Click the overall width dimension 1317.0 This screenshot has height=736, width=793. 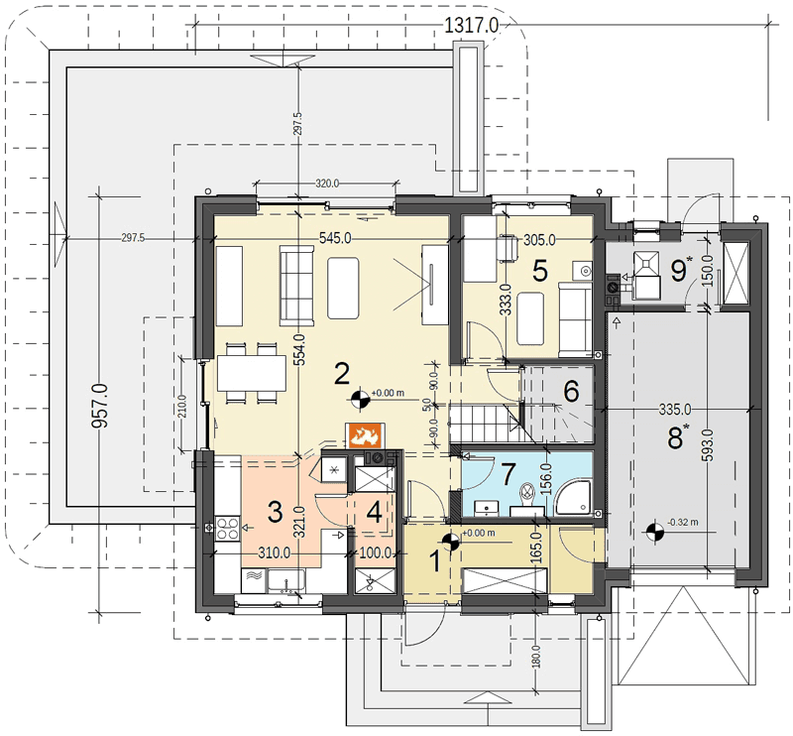(x=472, y=26)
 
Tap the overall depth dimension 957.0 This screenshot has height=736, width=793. (x=100, y=406)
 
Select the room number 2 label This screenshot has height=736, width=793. (x=342, y=375)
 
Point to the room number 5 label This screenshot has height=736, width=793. (x=540, y=271)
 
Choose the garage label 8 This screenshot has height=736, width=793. (x=675, y=438)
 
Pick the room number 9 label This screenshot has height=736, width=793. (x=678, y=271)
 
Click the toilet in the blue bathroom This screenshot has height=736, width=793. (x=527, y=496)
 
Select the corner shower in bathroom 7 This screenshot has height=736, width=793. (x=573, y=498)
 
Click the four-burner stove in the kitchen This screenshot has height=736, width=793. (x=228, y=528)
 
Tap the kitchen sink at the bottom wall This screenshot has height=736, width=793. (x=286, y=580)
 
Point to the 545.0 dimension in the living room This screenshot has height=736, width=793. (x=335, y=238)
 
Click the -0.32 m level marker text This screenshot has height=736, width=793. (x=682, y=522)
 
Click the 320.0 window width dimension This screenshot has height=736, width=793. (x=327, y=184)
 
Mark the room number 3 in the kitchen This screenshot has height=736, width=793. (x=275, y=512)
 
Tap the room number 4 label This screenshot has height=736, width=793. (x=375, y=513)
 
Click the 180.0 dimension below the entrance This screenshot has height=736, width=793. (x=535, y=656)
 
